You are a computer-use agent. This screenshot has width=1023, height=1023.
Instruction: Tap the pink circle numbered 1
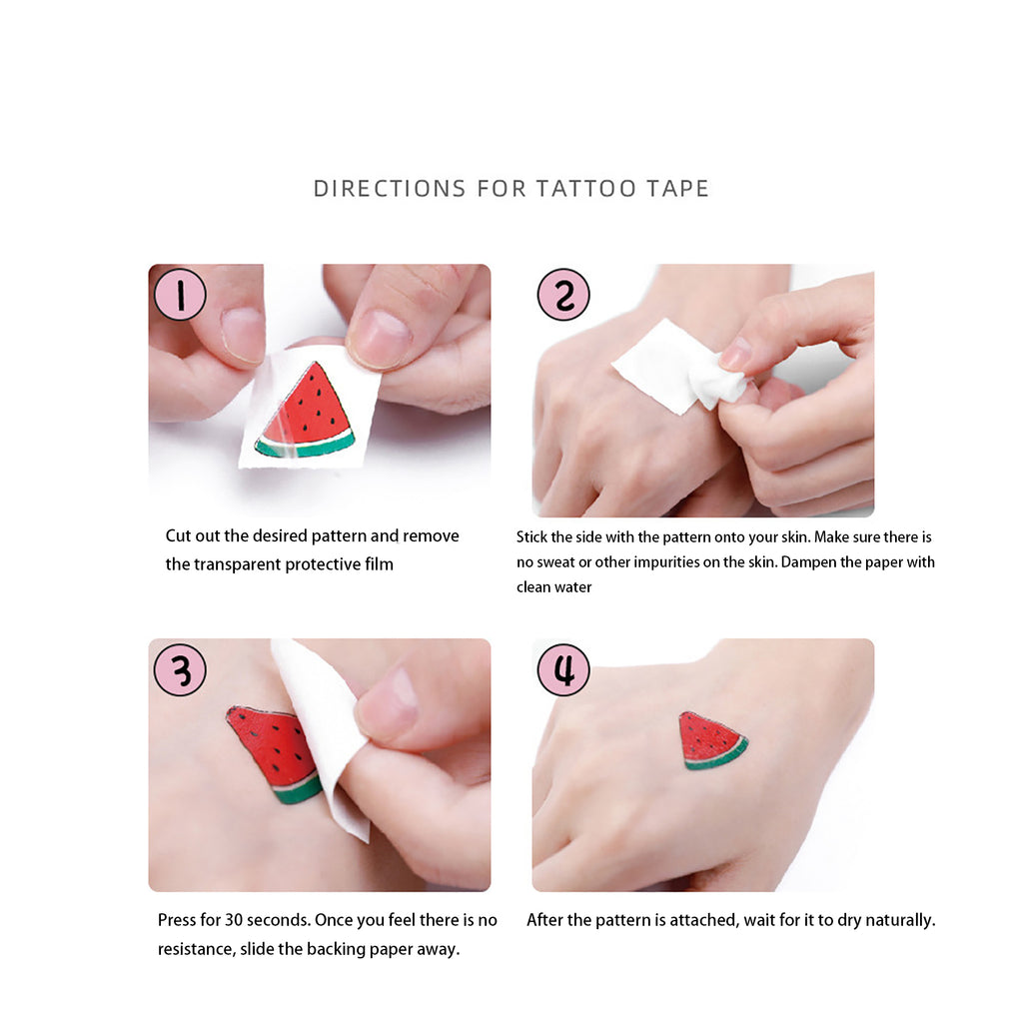[180, 295]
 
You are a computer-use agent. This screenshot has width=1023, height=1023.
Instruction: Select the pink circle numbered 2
[563, 295]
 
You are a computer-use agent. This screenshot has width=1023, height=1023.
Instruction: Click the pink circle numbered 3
[180, 669]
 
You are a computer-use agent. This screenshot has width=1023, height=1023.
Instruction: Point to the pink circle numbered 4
[563, 669]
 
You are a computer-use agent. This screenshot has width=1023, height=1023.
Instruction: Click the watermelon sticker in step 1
[307, 411]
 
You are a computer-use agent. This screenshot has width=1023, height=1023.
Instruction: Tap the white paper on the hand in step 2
[678, 367]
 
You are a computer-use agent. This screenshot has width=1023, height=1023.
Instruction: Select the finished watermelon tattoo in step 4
[711, 740]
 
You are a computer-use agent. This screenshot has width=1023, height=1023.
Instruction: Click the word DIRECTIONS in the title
[390, 189]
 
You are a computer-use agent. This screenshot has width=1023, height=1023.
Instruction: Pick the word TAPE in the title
[678, 189]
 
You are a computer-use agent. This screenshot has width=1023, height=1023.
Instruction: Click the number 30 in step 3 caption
[234, 920]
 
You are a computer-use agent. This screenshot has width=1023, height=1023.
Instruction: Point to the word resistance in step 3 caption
[197, 949]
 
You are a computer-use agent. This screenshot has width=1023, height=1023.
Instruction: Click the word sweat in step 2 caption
[555, 562]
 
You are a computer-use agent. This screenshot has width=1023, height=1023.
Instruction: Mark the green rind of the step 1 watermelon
[306, 446]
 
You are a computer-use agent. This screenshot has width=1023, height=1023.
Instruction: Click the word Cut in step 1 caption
[178, 535]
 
